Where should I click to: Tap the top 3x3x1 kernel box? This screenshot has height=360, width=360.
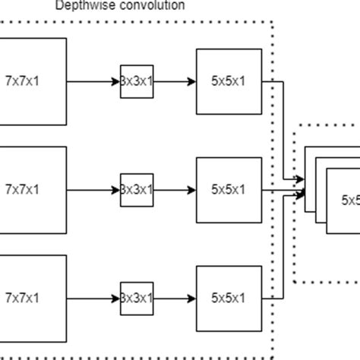click(x=137, y=81)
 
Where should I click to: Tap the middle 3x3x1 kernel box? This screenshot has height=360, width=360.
click(x=137, y=189)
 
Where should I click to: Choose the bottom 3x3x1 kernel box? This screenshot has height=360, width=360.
click(x=137, y=297)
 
